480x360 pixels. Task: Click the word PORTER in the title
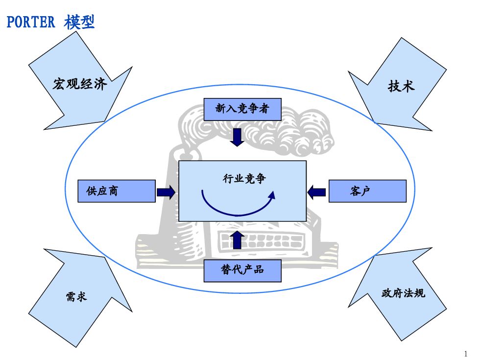click(x=30, y=23)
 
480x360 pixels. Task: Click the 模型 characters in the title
click(x=79, y=22)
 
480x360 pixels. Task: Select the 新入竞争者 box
click(x=242, y=109)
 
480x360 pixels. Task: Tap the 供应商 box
click(x=117, y=191)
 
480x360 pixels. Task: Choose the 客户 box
click(x=368, y=191)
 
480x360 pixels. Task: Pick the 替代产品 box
click(x=242, y=270)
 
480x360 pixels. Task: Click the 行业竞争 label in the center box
click(x=244, y=178)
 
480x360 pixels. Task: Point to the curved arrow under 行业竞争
click(x=238, y=203)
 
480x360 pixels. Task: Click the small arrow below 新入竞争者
click(x=237, y=137)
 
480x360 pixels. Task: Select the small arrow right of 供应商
click(x=166, y=192)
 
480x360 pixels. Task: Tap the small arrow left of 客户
click(x=316, y=192)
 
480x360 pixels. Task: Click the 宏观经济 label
click(x=80, y=84)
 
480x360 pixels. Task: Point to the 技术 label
click(x=401, y=86)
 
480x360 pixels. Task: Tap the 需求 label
click(x=76, y=296)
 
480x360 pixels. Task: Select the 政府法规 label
click(x=404, y=293)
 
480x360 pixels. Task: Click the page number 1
click(x=466, y=354)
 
